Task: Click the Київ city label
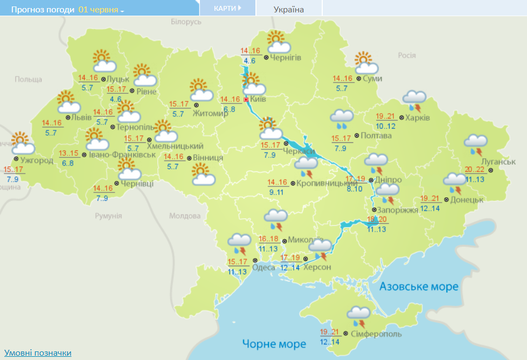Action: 258,100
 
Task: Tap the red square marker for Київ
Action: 246,100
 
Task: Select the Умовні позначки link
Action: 38,353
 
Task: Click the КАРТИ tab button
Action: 227,9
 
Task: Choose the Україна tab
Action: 288,9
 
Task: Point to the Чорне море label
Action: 274,343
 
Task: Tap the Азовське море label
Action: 419,286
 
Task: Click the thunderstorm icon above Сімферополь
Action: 358,316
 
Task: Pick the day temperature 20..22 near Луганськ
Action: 475,169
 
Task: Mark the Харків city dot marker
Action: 401,117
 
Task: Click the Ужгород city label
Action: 37,160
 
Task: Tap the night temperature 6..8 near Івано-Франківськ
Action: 68,163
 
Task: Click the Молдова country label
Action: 184,216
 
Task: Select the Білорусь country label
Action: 186,22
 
